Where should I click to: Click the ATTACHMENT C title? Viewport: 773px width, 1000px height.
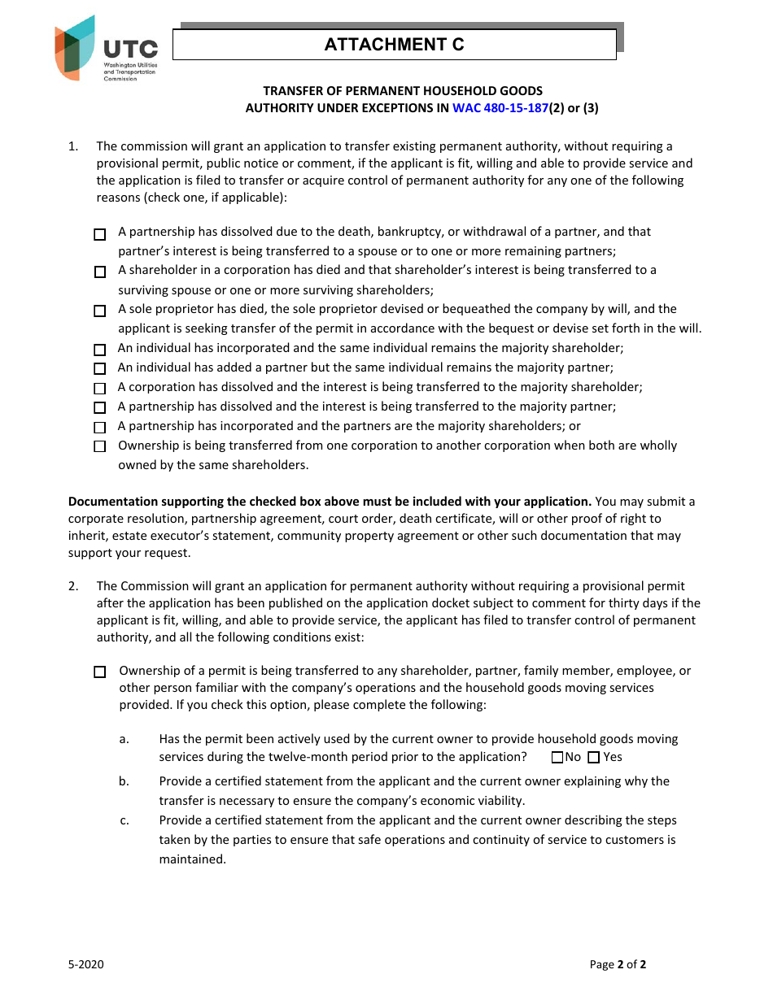point(394,45)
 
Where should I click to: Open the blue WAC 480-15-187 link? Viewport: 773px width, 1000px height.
point(500,107)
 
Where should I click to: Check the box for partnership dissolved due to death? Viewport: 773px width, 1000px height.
point(100,235)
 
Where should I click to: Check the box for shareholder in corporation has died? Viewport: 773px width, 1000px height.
point(100,272)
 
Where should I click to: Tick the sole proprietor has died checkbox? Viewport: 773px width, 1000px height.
point(100,311)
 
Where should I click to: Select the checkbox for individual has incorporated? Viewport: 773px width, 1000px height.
point(100,350)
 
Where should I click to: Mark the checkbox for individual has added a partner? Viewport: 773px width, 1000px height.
point(100,369)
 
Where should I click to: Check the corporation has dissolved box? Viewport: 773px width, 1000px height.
point(100,389)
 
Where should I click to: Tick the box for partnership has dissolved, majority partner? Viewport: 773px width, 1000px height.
point(100,408)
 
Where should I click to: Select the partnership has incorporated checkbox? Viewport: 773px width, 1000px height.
point(100,428)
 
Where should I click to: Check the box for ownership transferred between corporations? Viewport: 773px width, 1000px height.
point(100,446)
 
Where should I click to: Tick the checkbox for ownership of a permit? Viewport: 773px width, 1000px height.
point(100,672)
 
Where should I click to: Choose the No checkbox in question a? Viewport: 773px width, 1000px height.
point(557,758)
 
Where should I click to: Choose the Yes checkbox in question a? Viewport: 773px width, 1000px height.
point(593,758)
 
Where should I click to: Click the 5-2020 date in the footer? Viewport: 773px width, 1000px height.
point(85,965)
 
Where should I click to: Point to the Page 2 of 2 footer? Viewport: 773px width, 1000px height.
point(618,965)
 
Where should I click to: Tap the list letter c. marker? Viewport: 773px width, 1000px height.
point(124,820)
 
